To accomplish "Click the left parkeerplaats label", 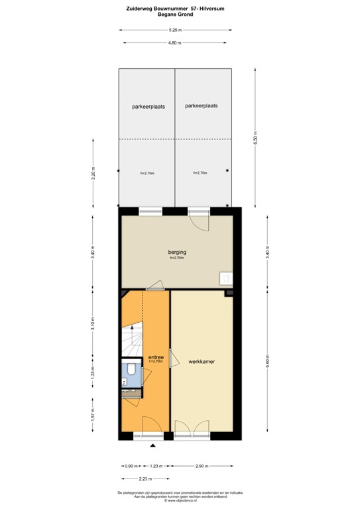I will pos(148,106).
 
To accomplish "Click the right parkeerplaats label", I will pos(202,105).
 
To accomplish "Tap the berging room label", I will pos(176,253).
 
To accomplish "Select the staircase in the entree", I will pos(131,341).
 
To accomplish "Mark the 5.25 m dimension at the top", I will pos(176,30).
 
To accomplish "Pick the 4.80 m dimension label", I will pos(174,43).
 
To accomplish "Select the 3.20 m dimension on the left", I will pos(93,176).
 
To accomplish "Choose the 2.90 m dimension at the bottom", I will pos(202,466).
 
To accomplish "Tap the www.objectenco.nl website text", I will pos(180,501).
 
